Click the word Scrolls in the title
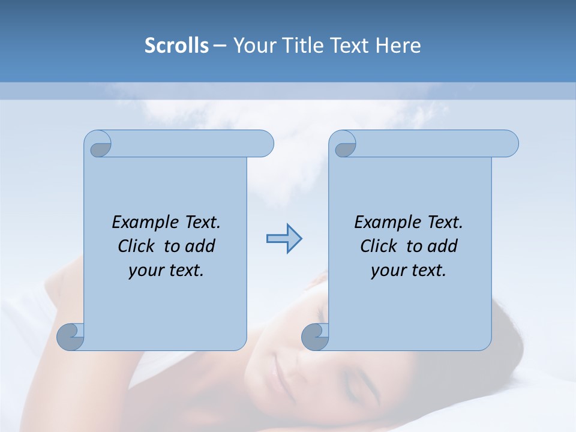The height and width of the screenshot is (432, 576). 176,46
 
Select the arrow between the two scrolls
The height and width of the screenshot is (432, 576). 284,239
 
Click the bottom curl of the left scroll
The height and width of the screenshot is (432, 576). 70,336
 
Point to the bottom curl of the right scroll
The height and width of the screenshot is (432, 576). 315,336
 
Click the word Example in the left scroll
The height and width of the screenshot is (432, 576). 146,223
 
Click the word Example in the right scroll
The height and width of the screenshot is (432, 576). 389,223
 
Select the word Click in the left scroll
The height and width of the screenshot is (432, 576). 139,246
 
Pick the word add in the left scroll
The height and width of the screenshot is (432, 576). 200,246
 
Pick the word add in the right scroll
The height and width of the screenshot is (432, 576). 442,246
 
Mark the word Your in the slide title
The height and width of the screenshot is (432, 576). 250,46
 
